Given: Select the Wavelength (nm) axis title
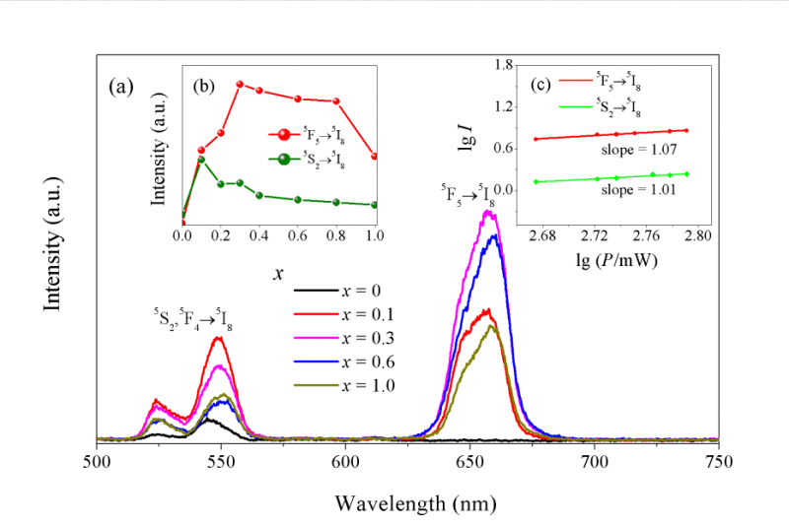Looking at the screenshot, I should (x=408, y=501).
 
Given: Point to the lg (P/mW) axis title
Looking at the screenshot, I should (x=612, y=262).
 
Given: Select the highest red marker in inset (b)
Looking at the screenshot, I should (x=240, y=85).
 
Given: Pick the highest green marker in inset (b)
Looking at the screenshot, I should (x=201, y=159).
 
